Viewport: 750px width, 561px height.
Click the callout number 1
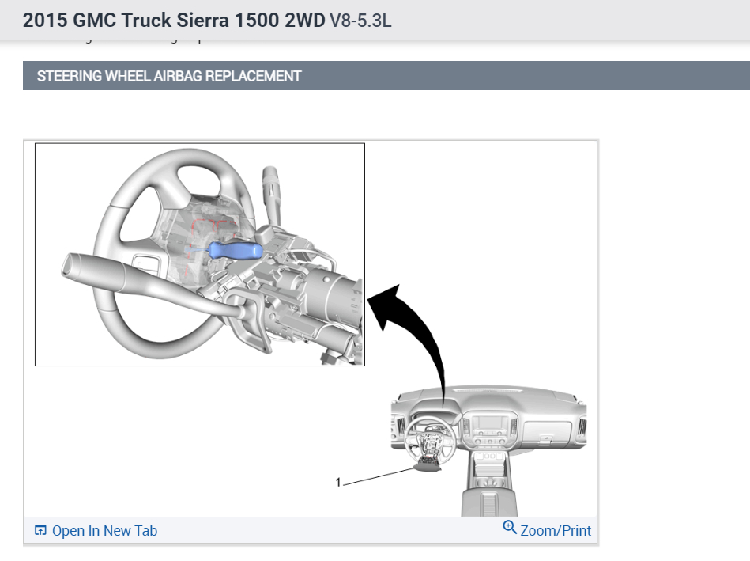point(338,481)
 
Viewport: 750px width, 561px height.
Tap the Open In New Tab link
point(104,530)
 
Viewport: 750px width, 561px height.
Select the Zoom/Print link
point(556,530)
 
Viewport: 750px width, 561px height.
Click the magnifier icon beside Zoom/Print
point(510,528)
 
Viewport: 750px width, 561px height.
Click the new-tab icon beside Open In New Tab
point(41,530)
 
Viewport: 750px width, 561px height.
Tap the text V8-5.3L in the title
point(360,20)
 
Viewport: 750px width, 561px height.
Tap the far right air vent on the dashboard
point(582,431)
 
